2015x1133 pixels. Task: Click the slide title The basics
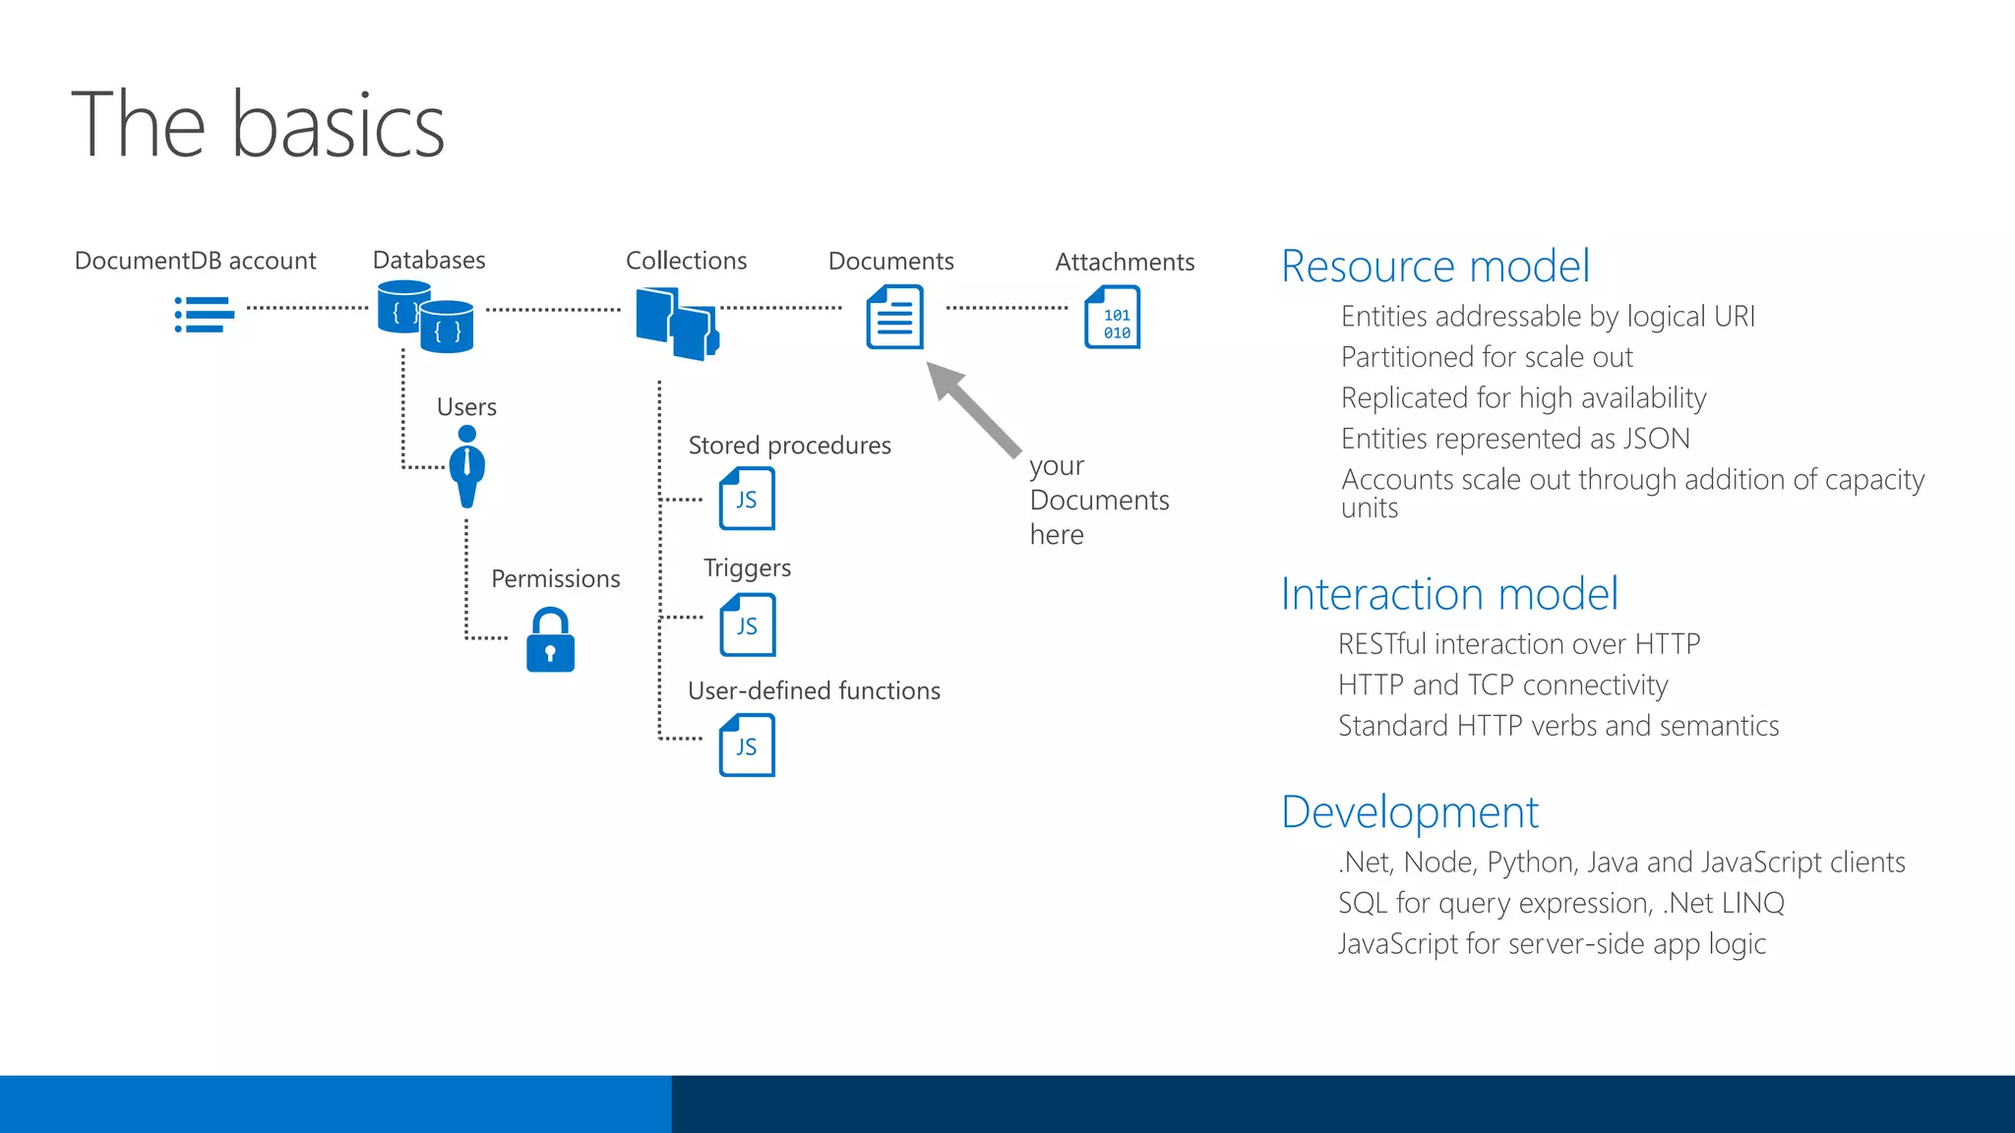[x=258, y=125]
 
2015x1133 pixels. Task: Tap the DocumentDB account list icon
[x=205, y=315]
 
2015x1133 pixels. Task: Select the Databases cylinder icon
[x=425, y=317]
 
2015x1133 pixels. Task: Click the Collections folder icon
[x=677, y=323]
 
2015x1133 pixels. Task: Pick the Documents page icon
[x=894, y=317]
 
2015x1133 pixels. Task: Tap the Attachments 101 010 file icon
[x=1113, y=317]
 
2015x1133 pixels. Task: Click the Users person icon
[x=467, y=466]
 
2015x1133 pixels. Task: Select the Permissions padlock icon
[x=550, y=640]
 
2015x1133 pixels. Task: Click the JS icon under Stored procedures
[x=747, y=499]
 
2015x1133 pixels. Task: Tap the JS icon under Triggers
[x=747, y=625]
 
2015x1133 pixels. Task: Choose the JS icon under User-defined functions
[x=747, y=745]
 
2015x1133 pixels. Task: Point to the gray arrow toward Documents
[x=973, y=408]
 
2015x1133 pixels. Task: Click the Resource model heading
[x=1435, y=267]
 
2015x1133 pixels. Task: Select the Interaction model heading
[x=1448, y=594]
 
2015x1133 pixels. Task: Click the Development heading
[x=1409, y=812]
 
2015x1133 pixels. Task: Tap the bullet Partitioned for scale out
[x=1486, y=357]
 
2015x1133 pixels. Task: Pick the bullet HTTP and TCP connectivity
[x=1502, y=685]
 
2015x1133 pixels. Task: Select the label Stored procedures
[x=789, y=446]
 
